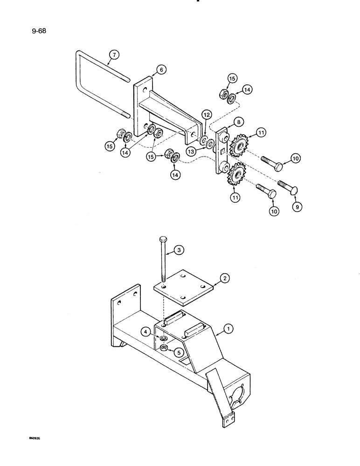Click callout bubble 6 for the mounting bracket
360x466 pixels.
[160, 69]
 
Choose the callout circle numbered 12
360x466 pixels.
[206, 114]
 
